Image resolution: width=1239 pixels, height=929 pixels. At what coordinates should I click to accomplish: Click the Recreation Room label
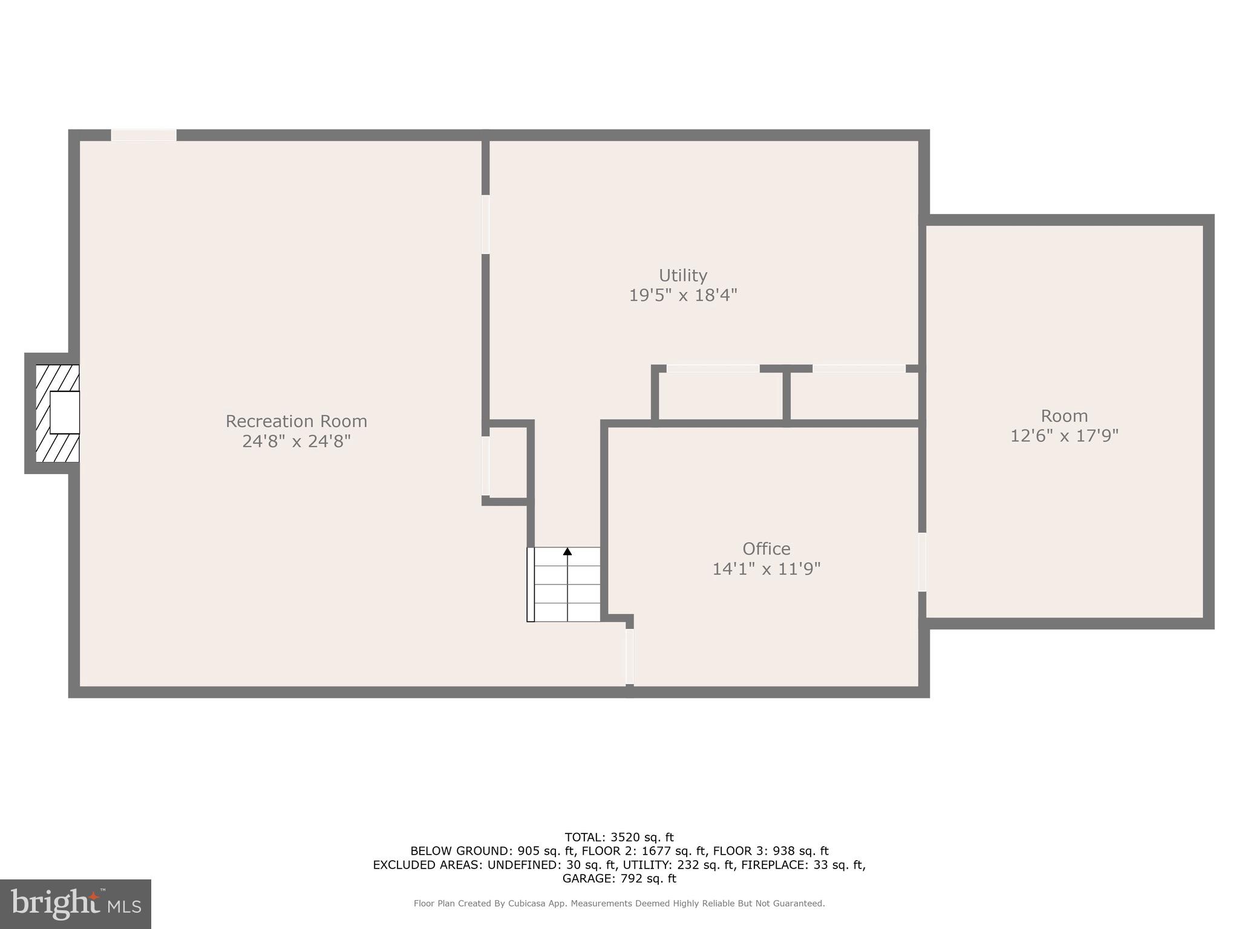pyautogui.click(x=296, y=421)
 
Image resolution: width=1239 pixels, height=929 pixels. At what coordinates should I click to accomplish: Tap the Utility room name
pyautogui.click(x=683, y=275)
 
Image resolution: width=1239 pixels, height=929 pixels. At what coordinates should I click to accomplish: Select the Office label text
pyautogui.click(x=766, y=549)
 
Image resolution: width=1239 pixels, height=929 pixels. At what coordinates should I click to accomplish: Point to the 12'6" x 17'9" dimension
pyautogui.click(x=1064, y=435)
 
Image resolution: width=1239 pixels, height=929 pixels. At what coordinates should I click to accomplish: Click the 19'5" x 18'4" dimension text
pyautogui.click(x=683, y=295)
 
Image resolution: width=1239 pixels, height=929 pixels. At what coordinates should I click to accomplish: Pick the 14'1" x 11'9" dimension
pyautogui.click(x=766, y=569)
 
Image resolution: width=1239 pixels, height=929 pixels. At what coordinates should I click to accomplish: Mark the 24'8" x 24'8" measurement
pyautogui.click(x=296, y=441)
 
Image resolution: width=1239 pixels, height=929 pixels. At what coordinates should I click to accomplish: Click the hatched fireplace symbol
pyautogui.click(x=57, y=413)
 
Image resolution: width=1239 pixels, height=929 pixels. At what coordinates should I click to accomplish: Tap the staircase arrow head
pyautogui.click(x=567, y=552)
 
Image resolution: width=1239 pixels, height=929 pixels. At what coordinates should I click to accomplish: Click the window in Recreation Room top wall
pyautogui.click(x=143, y=135)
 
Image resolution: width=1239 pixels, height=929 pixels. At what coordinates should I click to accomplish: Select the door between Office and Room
pyautogui.click(x=922, y=562)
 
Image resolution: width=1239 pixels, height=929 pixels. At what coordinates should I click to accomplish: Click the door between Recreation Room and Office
pyautogui.click(x=630, y=656)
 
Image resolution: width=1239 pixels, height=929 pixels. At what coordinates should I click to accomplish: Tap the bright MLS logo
pyautogui.click(x=76, y=904)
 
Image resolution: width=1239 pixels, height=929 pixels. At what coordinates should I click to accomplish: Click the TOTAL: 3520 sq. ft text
pyautogui.click(x=619, y=838)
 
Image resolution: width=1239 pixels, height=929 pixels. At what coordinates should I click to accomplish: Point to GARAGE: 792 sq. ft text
pyautogui.click(x=619, y=878)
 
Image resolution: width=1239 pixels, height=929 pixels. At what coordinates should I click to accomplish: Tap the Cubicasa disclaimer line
pyautogui.click(x=619, y=904)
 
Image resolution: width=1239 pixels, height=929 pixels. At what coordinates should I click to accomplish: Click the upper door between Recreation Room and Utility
pyautogui.click(x=485, y=224)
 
